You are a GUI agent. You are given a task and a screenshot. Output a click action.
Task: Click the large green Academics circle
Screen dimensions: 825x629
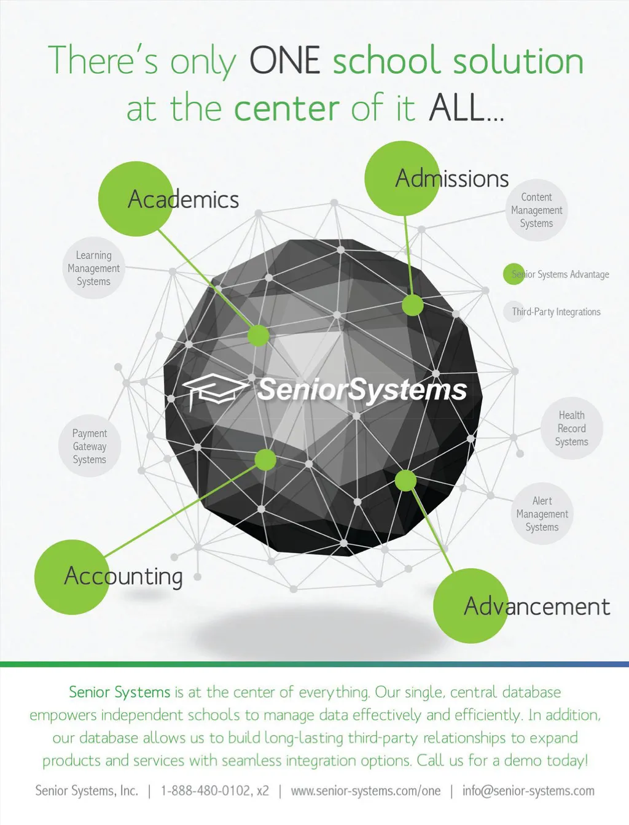pyautogui.click(x=136, y=199)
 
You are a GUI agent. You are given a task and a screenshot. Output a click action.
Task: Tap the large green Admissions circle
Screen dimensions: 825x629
pyautogui.click(x=402, y=178)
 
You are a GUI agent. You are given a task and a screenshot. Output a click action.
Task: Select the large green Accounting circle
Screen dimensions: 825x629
pyautogui.click(x=72, y=577)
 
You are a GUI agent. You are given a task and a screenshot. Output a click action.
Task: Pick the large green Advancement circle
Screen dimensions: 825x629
pyautogui.click(x=471, y=606)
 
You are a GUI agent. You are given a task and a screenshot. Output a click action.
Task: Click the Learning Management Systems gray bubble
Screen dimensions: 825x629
pyautogui.click(x=94, y=268)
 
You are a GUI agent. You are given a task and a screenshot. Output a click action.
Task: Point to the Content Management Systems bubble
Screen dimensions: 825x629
pyautogui.click(x=536, y=210)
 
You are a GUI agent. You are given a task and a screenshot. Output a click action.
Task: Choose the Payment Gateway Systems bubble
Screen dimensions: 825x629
pyautogui.click(x=90, y=446)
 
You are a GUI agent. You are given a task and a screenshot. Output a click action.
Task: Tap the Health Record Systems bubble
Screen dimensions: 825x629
pyautogui.click(x=571, y=428)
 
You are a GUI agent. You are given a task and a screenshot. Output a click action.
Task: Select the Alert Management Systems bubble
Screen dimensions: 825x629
pyautogui.click(x=542, y=514)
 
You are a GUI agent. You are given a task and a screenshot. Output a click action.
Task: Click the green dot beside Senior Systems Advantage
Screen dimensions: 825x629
pyautogui.click(x=514, y=274)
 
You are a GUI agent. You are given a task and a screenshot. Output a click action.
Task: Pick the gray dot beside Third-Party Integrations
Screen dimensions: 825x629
pyautogui.click(x=514, y=311)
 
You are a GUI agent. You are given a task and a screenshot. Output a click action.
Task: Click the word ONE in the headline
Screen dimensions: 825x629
pyautogui.click(x=284, y=61)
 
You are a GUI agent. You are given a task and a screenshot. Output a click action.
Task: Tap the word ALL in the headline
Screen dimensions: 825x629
pyautogui.click(x=458, y=109)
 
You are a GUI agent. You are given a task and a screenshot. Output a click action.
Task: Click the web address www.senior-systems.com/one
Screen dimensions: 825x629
pyautogui.click(x=365, y=791)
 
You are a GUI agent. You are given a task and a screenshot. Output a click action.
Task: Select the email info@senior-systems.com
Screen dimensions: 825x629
pyautogui.click(x=528, y=791)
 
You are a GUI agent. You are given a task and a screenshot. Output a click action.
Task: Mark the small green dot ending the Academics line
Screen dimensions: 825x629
pyautogui.click(x=259, y=335)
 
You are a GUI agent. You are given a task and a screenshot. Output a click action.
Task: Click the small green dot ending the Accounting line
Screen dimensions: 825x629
pyautogui.click(x=265, y=460)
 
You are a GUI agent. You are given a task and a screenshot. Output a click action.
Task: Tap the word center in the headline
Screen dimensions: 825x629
pyautogui.click(x=286, y=109)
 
